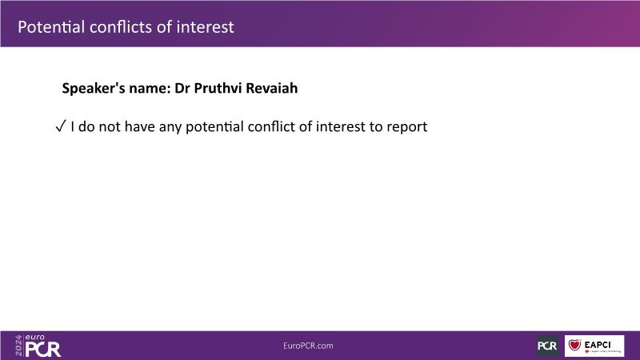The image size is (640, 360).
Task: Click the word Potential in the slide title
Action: click(x=51, y=27)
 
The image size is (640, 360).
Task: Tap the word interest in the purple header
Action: click(x=205, y=27)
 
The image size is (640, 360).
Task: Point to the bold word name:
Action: click(x=150, y=89)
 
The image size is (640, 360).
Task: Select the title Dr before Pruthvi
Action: click(x=182, y=88)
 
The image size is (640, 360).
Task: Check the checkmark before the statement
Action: click(x=61, y=126)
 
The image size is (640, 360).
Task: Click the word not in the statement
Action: click(x=110, y=126)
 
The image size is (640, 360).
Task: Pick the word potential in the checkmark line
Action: click(x=214, y=127)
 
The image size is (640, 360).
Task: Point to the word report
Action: click(x=407, y=127)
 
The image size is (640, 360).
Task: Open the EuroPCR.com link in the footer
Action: click(x=308, y=346)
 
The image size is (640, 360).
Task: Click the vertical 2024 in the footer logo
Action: click(x=18, y=346)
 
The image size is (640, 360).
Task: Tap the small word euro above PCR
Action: click(x=35, y=338)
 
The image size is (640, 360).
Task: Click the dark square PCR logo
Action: click(x=547, y=346)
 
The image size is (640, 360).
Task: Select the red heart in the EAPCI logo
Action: click(x=574, y=346)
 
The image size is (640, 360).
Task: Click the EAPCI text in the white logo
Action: click(x=598, y=345)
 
